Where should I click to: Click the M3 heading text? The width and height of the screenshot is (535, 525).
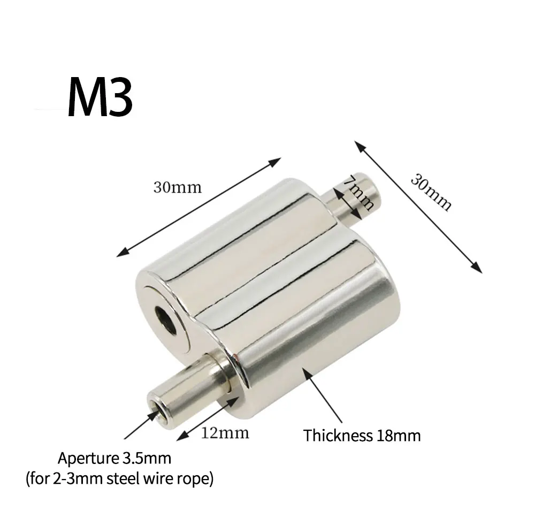(x=100, y=97)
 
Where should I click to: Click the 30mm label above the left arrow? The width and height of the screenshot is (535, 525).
(x=178, y=187)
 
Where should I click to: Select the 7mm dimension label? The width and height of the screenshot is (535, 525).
(x=358, y=193)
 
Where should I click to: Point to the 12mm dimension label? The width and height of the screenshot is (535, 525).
(x=225, y=433)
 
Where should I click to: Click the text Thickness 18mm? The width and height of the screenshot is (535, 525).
(x=362, y=436)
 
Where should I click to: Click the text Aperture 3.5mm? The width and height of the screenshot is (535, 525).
(x=114, y=458)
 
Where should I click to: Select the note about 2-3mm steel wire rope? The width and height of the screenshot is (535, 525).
(x=120, y=479)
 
